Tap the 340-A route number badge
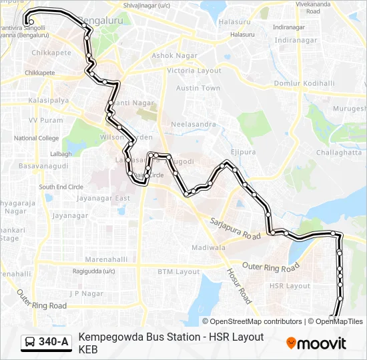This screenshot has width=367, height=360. [46, 343]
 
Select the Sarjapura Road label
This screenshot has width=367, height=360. [235, 228]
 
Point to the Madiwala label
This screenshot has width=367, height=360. [208, 247]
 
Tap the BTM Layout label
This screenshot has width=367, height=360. [178, 271]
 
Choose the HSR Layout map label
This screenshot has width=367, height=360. [289, 285]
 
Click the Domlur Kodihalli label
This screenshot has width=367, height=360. [304, 83]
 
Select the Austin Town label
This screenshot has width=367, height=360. [198, 88]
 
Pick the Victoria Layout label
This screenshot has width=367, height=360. [194, 71]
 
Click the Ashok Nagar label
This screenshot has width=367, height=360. [172, 55]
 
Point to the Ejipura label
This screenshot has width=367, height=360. [243, 152]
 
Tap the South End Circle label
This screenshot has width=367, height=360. [61, 187]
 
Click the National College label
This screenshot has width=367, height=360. [37, 138]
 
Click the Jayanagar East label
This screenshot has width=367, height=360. [103, 198]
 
